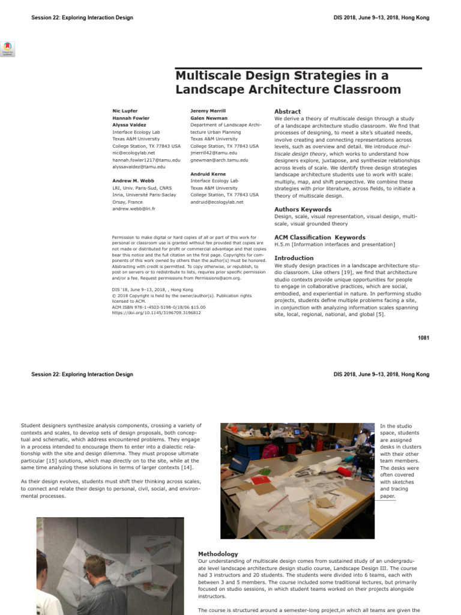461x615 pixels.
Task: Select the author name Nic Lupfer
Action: [125, 111]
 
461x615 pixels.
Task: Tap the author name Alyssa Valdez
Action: [129, 125]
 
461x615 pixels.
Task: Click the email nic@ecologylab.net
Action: [133, 153]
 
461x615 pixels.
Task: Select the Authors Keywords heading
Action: [303, 210]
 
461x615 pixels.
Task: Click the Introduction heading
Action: [294, 258]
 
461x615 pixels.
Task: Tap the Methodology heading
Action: [218, 554]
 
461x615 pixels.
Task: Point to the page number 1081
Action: [423, 338]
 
